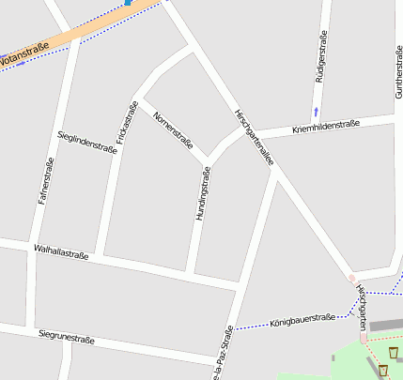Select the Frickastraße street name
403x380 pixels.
(128, 122)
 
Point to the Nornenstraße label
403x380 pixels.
(172, 130)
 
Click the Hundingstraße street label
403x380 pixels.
(201, 192)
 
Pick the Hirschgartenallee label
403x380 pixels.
(255, 136)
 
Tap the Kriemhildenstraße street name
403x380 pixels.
(325, 126)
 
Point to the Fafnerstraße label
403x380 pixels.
(44, 181)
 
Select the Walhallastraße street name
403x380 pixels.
(60, 251)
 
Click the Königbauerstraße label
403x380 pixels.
(302, 320)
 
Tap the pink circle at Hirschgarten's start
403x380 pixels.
(352, 279)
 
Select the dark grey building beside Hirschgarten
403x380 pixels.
(384, 327)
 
